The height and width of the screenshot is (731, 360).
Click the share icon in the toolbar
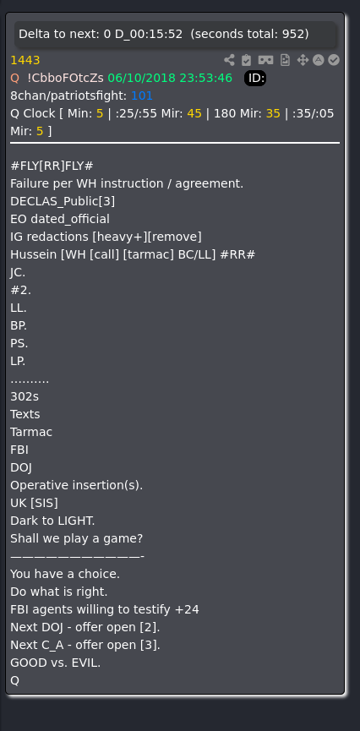(229, 60)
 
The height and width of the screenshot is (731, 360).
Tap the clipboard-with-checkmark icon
(246, 60)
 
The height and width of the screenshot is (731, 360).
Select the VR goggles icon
(266, 60)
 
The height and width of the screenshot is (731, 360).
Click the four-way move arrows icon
(303, 60)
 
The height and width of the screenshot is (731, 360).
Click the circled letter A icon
(318, 60)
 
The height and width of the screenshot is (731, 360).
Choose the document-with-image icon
(285, 60)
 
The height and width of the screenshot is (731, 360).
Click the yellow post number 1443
(25, 60)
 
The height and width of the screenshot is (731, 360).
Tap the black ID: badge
(255, 79)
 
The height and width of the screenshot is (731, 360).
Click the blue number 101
(142, 96)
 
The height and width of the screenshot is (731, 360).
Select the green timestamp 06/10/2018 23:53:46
(170, 78)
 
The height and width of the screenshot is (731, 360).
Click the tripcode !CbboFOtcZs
(66, 78)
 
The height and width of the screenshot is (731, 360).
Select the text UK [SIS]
(34, 504)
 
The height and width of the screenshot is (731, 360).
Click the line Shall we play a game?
(76, 539)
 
